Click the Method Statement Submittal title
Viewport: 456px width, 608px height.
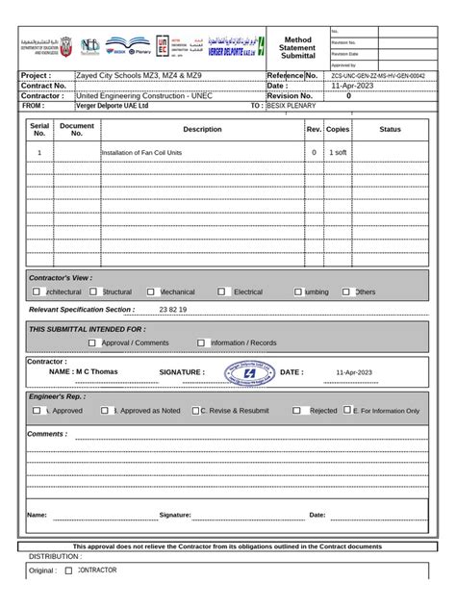297,47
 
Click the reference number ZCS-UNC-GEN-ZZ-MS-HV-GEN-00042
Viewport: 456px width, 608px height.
377,74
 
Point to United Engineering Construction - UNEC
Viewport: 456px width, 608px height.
144,96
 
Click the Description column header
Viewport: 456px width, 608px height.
202,129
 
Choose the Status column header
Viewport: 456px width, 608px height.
391,129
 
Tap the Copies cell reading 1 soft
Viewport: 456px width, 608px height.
339,153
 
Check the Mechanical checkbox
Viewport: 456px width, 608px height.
151,291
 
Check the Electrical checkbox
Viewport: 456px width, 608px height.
221,291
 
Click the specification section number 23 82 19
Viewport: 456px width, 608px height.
173,310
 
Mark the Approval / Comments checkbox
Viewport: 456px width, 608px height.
92,342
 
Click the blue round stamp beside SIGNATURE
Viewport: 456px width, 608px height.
250,372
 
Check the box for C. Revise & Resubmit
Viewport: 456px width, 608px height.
193,410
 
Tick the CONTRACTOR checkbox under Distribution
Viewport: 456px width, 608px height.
68,570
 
